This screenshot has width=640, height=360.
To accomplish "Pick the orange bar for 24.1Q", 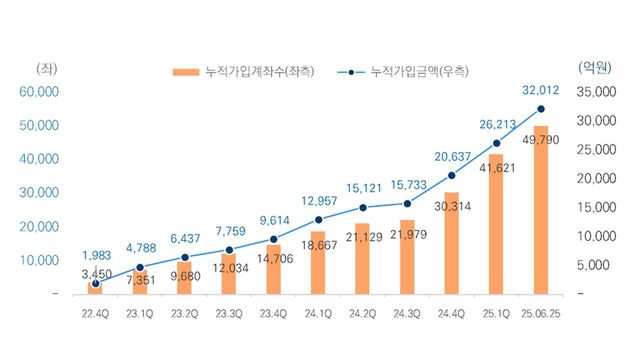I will pyautogui.click(x=318, y=265).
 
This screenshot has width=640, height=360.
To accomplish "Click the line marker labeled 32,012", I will pyautogui.click(x=541, y=109).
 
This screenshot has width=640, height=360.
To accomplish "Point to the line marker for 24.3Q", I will pyautogui.click(x=407, y=203).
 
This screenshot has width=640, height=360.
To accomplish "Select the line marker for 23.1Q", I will pyautogui.click(x=140, y=267).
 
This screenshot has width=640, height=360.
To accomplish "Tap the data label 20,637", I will pyautogui.click(x=451, y=155).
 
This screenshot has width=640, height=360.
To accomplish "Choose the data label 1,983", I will pyautogui.click(x=96, y=254).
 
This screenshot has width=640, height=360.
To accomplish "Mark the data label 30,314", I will pyautogui.click(x=451, y=206).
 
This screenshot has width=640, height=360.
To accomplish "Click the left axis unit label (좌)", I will pyautogui.click(x=46, y=68).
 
